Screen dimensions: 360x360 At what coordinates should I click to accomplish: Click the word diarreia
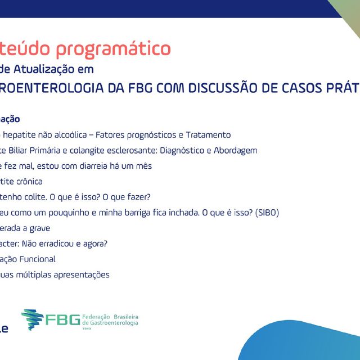[x=86, y=166]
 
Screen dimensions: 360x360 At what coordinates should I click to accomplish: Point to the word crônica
[x=28, y=182]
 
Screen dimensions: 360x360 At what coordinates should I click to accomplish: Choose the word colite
[x=33, y=197]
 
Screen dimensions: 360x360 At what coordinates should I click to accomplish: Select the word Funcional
[x=37, y=259]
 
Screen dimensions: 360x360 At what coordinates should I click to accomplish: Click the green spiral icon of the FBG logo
[x=32, y=319]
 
